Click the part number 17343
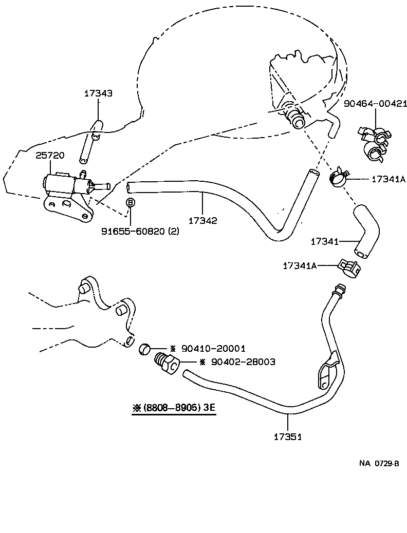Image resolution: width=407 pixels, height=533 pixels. [98, 93]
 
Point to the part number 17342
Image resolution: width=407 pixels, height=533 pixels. [202, 221]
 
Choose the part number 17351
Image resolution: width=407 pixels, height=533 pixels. [287, 437]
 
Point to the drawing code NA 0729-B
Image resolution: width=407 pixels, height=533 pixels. [379, 463]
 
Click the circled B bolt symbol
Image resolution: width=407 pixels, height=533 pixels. [131, 203]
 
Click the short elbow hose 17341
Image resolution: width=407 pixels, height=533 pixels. [366, 230]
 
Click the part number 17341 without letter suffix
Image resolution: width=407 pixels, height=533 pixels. [325, 241]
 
